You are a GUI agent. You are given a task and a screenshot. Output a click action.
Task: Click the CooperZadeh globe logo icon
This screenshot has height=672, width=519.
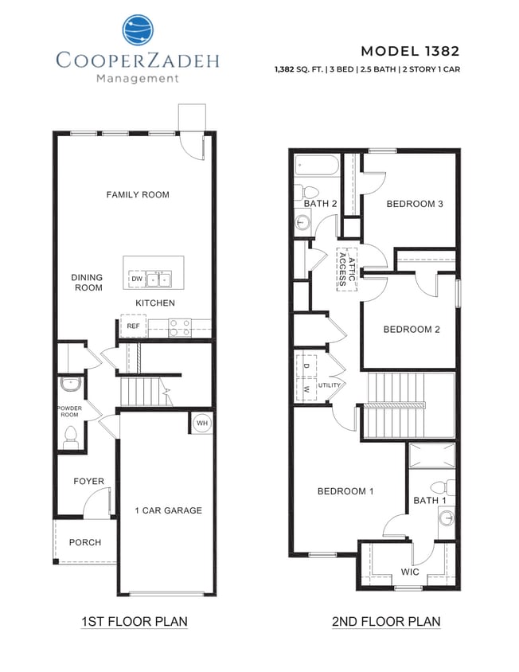tap(137, 30)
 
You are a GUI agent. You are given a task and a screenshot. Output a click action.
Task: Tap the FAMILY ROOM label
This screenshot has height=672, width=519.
tap(138, 194)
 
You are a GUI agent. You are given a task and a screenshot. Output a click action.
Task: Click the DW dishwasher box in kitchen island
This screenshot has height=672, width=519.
tap(137, 279)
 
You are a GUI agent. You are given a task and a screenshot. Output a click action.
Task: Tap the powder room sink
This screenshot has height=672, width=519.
tap(70, 385)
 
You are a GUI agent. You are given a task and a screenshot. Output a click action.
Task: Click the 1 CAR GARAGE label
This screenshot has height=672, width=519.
tap(168, 510)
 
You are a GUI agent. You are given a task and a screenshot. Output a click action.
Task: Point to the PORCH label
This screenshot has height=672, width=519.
tap(85, 542)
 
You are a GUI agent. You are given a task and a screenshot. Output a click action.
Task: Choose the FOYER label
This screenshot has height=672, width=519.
tap(88, 481)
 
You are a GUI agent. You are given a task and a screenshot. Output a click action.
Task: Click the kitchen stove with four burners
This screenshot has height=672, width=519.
tap(180, 327)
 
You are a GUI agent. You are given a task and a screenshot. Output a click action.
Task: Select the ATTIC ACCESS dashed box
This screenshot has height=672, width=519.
tap(346, 270)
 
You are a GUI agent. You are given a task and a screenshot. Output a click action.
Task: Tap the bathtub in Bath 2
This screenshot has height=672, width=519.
tap(318, 165)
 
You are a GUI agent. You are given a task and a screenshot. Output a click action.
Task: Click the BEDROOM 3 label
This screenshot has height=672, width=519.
tap(414, 204)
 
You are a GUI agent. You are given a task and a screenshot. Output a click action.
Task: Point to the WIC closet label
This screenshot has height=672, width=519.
tap(410, 572)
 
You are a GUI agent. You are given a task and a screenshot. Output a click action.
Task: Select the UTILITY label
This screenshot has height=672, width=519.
tap(330, 385)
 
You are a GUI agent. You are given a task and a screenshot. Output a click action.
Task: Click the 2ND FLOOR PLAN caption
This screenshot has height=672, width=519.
tap(386, 622)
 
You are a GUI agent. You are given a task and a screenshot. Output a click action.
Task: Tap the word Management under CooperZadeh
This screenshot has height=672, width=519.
tap(137, 78)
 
